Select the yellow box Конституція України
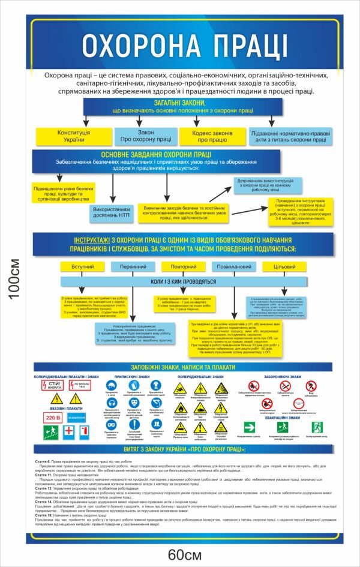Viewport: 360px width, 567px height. pyautogui.click(x=74, y=136)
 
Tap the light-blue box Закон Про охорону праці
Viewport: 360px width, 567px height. pyautogui.click(x=146, y=136)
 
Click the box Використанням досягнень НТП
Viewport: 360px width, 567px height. pyautogui.click(x=110, y=212)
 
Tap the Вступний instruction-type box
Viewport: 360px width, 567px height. pyautogui.click(x=82, y=266)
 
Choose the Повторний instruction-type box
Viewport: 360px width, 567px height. pyautogui.click(x=183, y=266)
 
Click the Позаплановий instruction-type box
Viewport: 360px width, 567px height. pyautogui.click(x=234, y=266)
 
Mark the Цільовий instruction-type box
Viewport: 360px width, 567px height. pyautogui.click(x=284, y=266)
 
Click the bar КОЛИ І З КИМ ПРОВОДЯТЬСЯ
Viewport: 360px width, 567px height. pyautogui.click(x=183, y=281)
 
